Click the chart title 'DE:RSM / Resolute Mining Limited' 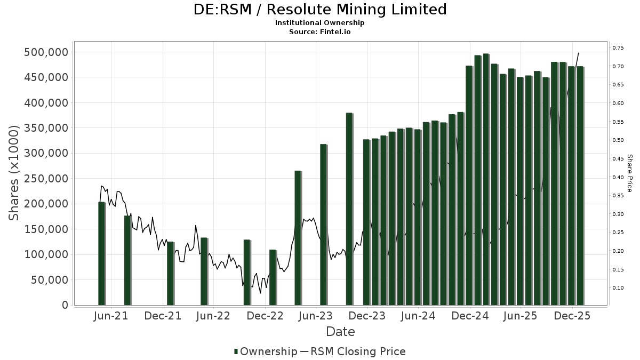tap(319, 10)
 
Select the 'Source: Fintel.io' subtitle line tap(319, 32)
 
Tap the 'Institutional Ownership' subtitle tap(319, 23)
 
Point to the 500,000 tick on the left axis tap(46, 52)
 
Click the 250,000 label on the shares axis tap(46, 179)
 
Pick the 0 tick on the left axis tap(65, 305)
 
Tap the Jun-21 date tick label tap(111, 316)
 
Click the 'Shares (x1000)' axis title tap(15, 173)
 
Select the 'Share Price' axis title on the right tap(629, 173)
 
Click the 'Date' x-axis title tap(340, 332)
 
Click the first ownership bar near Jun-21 tap(101, 253)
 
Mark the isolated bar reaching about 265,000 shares tap(298, 237)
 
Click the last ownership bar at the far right tap(580, 186)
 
